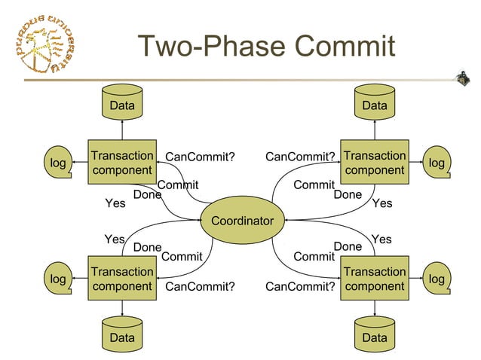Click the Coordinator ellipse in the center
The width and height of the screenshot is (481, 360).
point(241,221)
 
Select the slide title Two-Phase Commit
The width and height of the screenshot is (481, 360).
point(266,46)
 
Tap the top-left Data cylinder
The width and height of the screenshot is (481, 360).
point(122,104)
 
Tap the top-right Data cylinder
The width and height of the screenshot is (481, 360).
point(375,104)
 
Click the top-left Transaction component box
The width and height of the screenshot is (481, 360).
point(122,163)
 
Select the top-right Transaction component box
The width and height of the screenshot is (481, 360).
point(375,163)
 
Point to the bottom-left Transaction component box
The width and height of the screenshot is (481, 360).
point(122,279)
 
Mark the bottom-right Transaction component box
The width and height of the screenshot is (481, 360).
point(375,279)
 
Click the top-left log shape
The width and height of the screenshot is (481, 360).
point(57,163)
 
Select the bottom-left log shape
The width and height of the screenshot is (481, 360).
point(57,279)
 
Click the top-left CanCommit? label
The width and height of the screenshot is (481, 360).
point(200,157)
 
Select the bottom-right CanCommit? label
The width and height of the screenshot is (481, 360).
point(300,286)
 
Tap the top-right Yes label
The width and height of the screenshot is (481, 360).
point(382,203)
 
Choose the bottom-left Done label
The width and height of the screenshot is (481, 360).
point(147,247)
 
